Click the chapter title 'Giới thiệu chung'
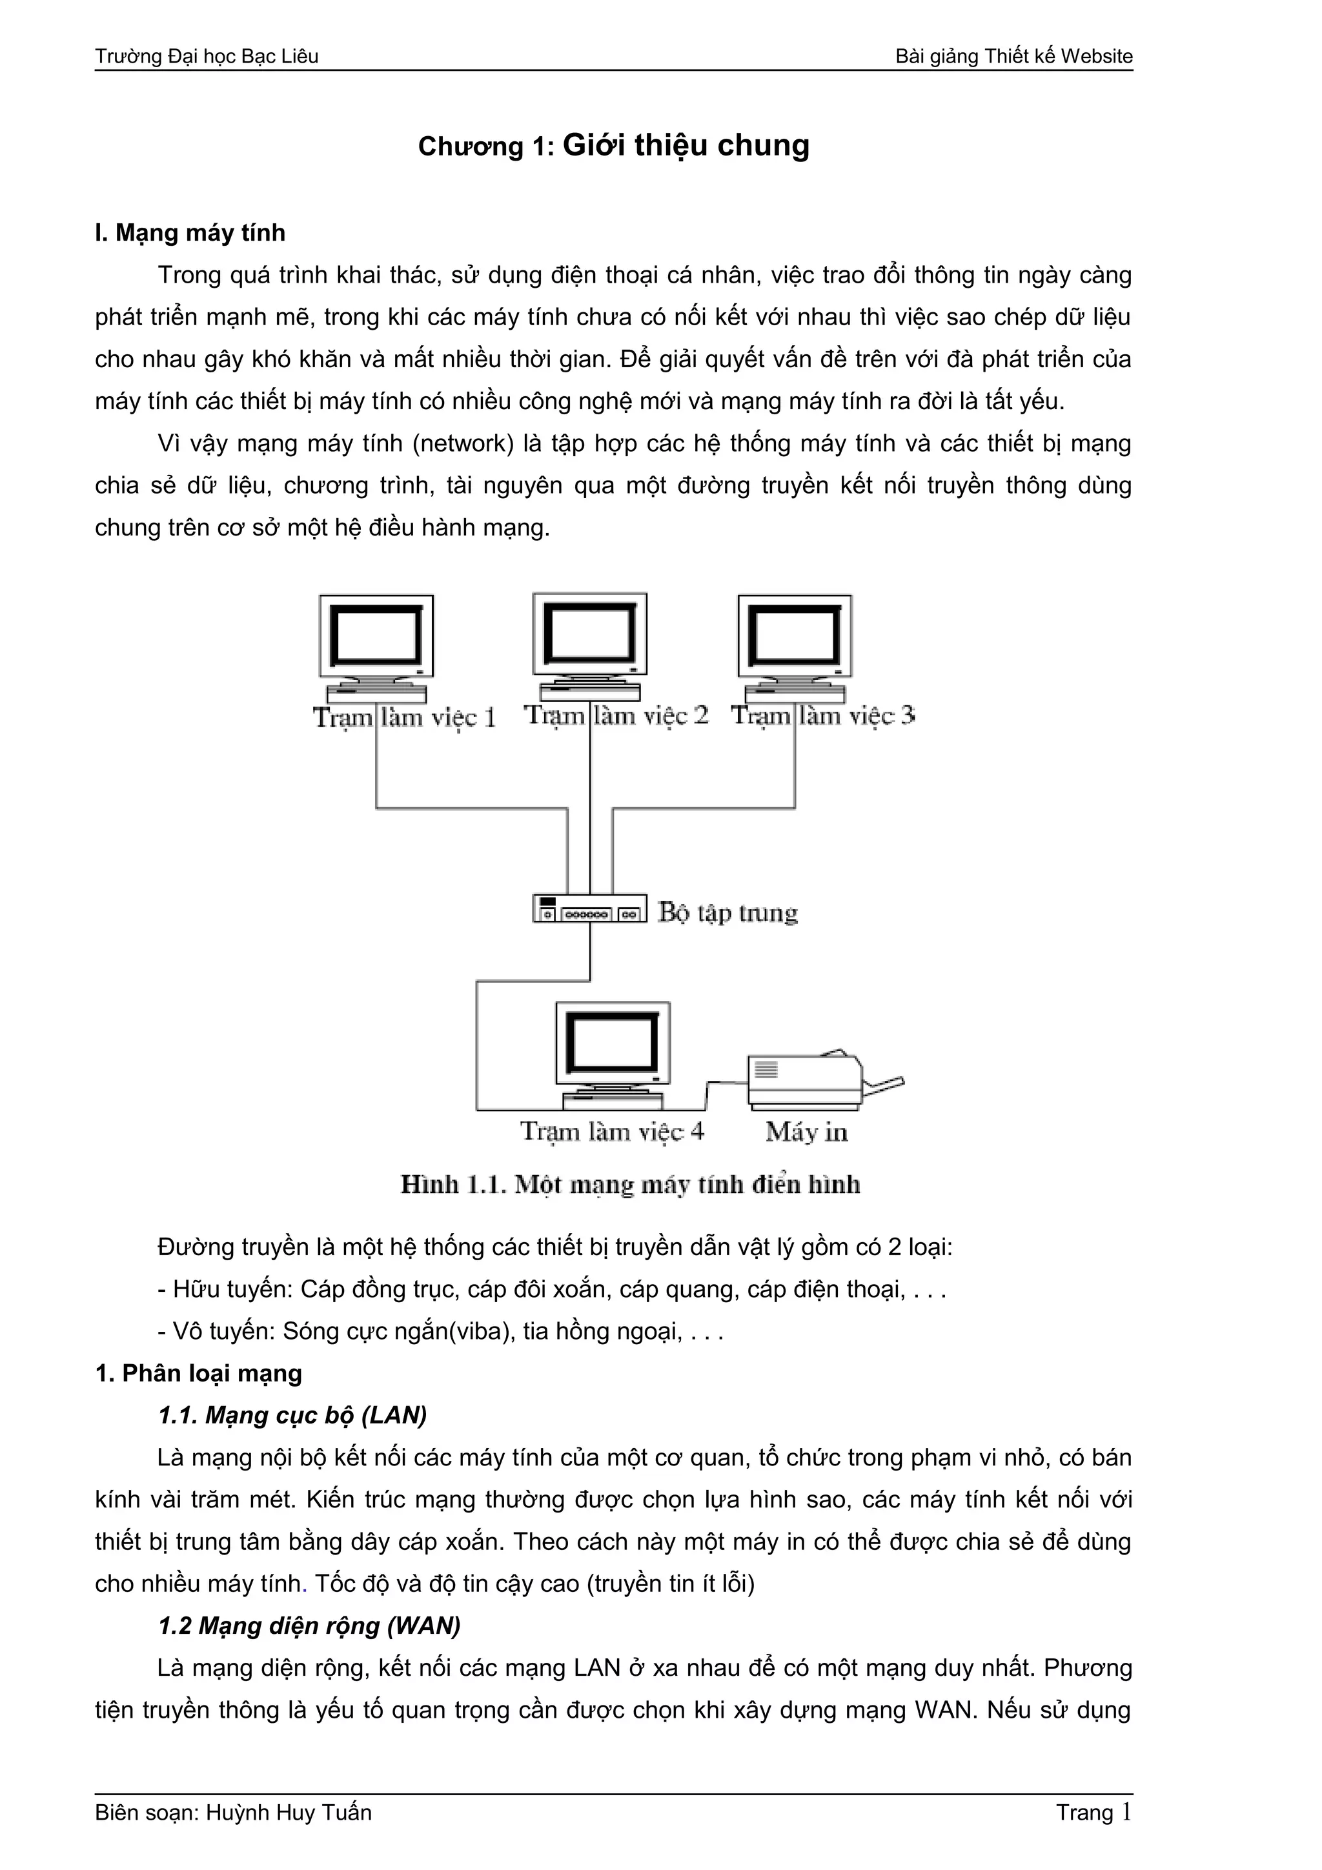coord(686,145)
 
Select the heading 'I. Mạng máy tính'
coord(190,233)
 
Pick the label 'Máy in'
coord(806,1132)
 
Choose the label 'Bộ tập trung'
coord(727,912)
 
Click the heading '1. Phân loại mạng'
coord(199,1373)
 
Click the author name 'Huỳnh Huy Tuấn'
coord(289,1813)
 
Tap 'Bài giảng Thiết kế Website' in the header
coord(1013,56)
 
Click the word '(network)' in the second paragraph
coord(463,444)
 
